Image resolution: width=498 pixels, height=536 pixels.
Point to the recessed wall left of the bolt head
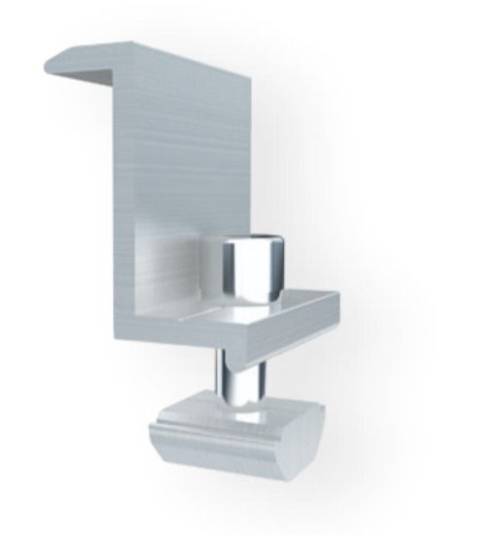[175, 268]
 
